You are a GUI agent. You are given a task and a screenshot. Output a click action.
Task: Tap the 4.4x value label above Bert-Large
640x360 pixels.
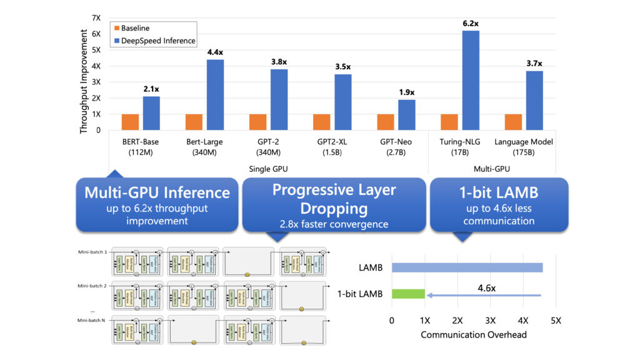(215, 52)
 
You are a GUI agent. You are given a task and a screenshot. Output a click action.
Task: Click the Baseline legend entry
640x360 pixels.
(135, 28)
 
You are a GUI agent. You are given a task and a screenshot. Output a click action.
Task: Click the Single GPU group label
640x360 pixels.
(267, 169)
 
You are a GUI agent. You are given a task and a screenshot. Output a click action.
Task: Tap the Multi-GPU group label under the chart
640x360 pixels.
(492, 169)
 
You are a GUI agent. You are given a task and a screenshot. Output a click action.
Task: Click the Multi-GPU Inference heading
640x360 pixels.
(157, 192)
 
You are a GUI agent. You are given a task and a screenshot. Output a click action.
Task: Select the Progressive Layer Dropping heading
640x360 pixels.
(334, 199)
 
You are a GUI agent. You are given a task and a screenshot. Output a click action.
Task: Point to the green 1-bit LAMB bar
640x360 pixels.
(408, 294)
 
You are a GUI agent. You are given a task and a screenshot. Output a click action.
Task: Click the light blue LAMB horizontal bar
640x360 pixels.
(467, 267)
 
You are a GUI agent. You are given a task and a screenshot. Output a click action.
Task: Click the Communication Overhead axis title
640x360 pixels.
(473, 334)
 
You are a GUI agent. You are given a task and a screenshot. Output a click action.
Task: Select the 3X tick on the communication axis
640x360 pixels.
(490, 321)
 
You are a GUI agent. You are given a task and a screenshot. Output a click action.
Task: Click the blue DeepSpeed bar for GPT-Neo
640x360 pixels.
(407, 114)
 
